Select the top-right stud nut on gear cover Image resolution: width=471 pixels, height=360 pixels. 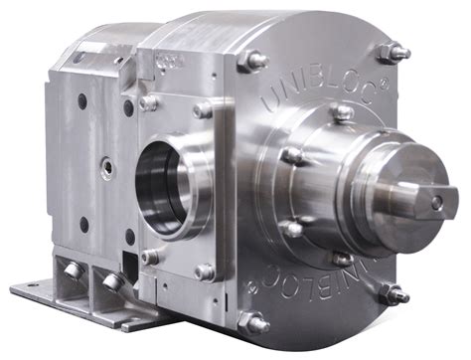[x=395, y=52]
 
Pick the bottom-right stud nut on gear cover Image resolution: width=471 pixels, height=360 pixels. [x=394, y=293]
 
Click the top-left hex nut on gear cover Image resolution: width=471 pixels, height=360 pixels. [x=255, y=61]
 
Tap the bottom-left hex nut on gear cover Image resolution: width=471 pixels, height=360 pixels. [x=254, y=323]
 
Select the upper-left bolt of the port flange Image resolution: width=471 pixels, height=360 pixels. [x=148, y=102]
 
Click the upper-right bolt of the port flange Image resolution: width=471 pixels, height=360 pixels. [x=203, y=109]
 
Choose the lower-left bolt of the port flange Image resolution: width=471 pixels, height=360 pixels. [x=149, y=257]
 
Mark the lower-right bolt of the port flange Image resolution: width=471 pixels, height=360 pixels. [x=204, y=270]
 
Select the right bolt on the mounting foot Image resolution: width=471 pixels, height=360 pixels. [x=112, y=282]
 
